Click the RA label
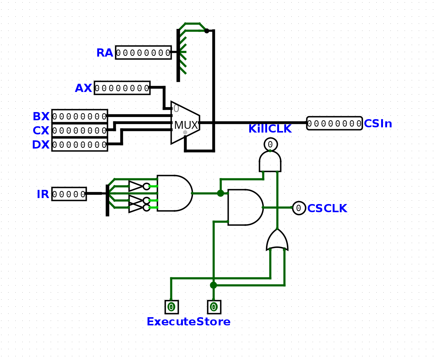click(105, 53)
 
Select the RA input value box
click(143, 52)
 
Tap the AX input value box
click(122, 88)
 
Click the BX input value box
click(80, 116)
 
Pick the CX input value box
click(80, 130)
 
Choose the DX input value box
click(80, 144)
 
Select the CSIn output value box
click(334, 123)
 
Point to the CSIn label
click(378, 124)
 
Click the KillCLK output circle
click(270, 144)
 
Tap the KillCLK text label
click(270, 129)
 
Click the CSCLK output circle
click(299, 208)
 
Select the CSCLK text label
click(327, 208)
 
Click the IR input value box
click(69, 194)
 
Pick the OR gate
click(277, 240)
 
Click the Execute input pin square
click(171, 307)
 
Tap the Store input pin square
click(214, 307)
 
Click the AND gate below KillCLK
click(270, 162)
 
